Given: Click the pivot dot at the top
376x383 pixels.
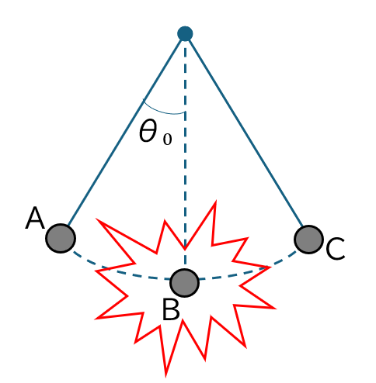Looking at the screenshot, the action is pyautogui.click(x=185, y=33).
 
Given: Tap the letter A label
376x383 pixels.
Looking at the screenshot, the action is pyautogui.click(x=35, y=219).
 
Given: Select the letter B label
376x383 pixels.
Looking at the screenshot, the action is pyautogui.click(x=171, y=309).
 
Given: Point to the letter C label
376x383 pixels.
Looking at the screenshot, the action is pyautogui.click(x=336, y=248).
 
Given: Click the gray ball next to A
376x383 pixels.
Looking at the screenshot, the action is pyautogui.click(x=61, y=238).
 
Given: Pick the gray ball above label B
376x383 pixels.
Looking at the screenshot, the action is pyautogui.click(x=184, y=283).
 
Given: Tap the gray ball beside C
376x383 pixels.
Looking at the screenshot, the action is pyautogui.click(x=308, y=240).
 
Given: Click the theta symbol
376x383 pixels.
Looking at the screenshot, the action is pyautogui.click(x=148, y=131).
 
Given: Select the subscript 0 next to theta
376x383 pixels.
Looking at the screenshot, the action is pyautogui.click(x=167, y=140).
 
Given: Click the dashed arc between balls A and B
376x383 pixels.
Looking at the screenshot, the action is pyautogui.click(x=119, y=271).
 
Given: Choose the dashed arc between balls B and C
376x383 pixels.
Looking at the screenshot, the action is pyautogui.click(x=249, y=271).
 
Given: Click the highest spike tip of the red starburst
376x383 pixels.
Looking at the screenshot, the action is pyautogui.click(x=215, y=202).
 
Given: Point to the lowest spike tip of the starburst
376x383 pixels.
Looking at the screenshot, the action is pyautogui.click(x=166, y=375).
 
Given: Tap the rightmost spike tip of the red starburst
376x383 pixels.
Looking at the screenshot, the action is pyautogui.click(x=274, y=308).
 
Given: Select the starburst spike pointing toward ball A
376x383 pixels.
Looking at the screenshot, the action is pyautogui.click(x=97, y=219).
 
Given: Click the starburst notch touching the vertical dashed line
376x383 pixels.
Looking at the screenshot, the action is pyautogui.click(x=185, y=249).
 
